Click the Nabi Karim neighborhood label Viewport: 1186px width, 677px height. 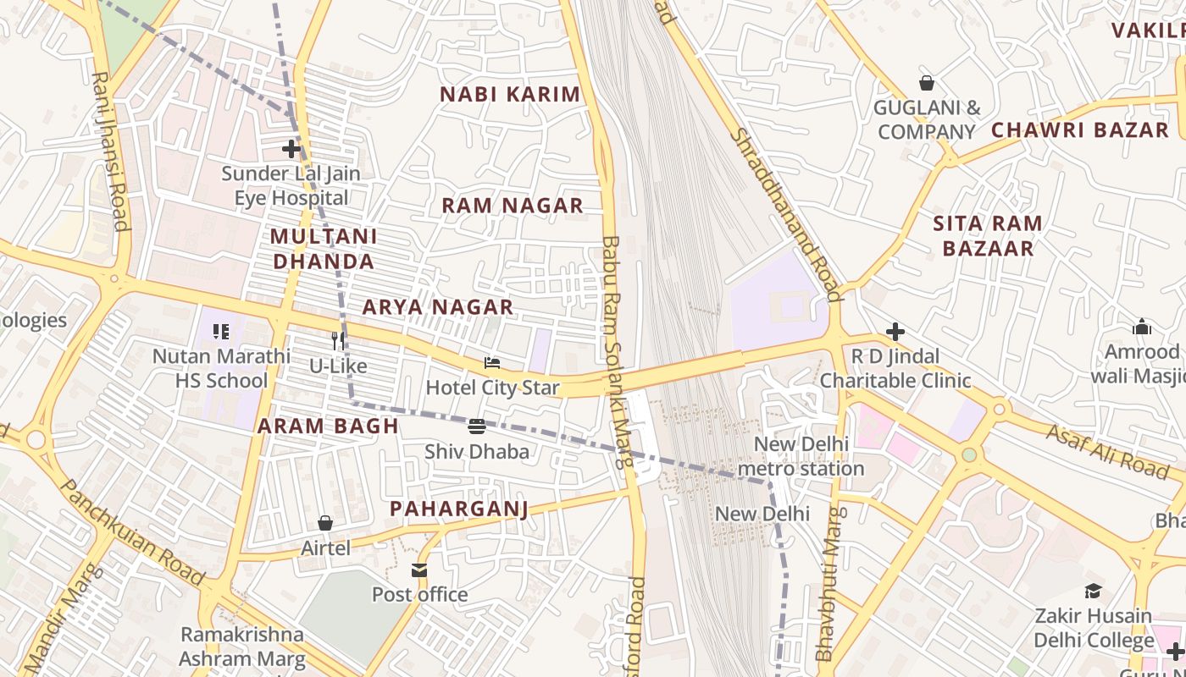(x=510, y=94)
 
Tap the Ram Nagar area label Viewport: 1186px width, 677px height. (x=513, y=206)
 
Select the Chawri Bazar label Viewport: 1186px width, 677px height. (x=1079, y=130)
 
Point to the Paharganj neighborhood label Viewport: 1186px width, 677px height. (x=459, y=509)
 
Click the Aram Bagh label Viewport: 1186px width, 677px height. (x=328, y=427)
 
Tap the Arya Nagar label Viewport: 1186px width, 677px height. (x=438, y=307)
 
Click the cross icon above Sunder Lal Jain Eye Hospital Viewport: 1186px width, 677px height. (x=291, y=149)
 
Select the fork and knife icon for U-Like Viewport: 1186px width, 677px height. (x=338, y=340)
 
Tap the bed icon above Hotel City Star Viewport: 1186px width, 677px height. (x=492, y=363)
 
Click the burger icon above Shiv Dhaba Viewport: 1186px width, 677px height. (x=477, y=427)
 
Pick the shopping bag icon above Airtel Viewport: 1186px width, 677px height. (x=325, y=523)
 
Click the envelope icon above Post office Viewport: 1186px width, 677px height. (x=419, y=570)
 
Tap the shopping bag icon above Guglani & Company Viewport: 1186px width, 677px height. (x=927, y=83)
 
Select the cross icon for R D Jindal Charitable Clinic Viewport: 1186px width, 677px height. (x=895, y=332)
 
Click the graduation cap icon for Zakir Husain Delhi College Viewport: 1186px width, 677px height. (x=1093, y=592)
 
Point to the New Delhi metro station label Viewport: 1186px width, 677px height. (x=801, y=456)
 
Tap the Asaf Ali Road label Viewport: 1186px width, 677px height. (x=1106, y=449)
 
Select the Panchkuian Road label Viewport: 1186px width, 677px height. (x=133, y=533)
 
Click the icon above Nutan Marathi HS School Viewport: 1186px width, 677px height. (x=221, y=332)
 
